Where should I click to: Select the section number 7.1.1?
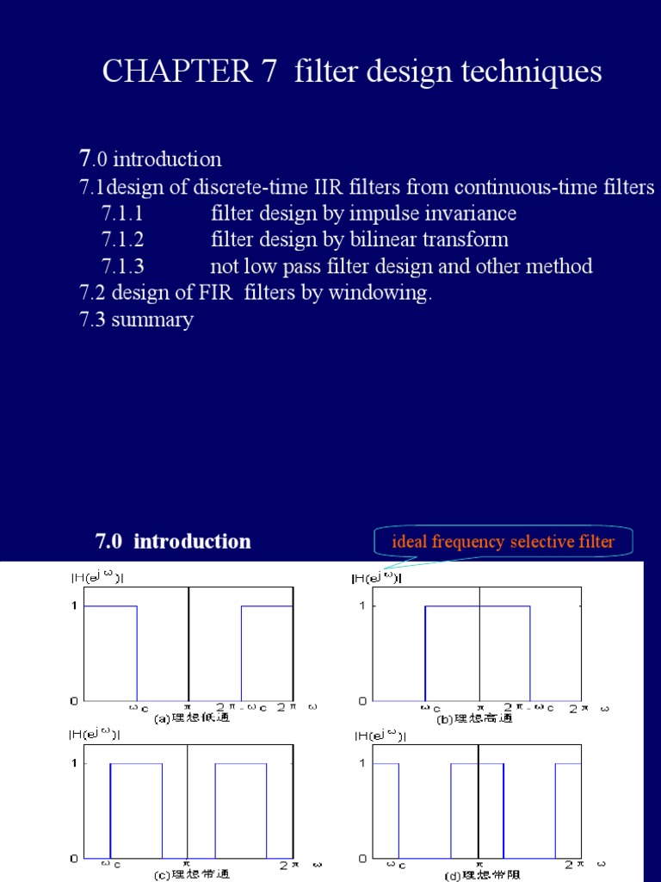click(122, 213)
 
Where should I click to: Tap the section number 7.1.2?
click(122, 239)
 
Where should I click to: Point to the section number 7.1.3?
click(122, 266)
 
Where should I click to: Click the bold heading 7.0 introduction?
click(173, 541)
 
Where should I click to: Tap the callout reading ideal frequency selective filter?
click(503, 542)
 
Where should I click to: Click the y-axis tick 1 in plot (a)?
click(74, 606)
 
